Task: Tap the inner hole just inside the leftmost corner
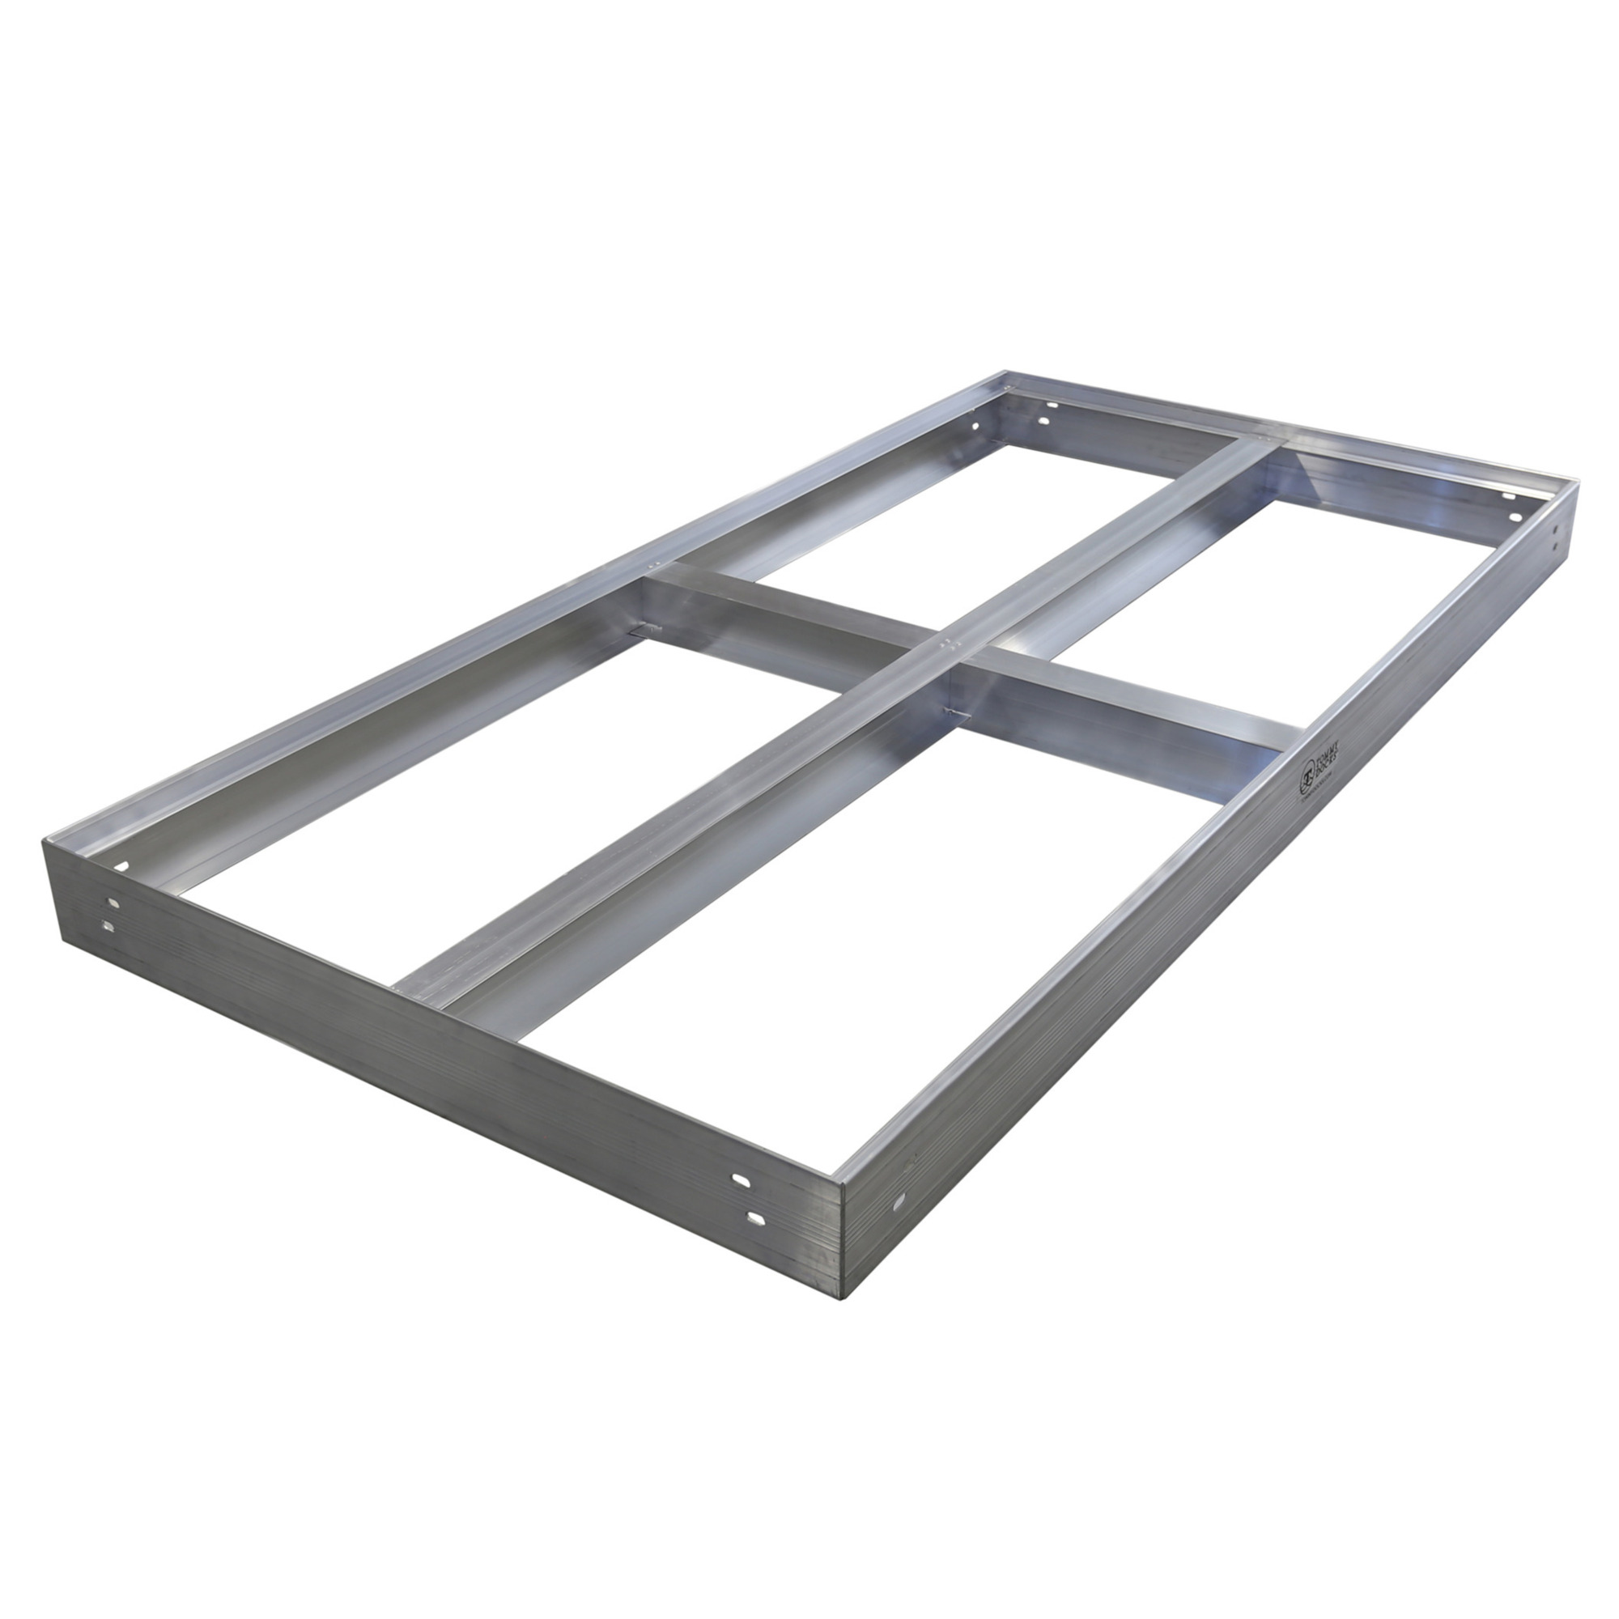click(x=124, y=865)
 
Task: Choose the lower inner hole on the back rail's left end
click(x=1044, y=420)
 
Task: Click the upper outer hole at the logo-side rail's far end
click(x=1555, y=529)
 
